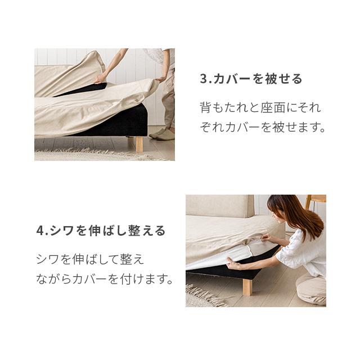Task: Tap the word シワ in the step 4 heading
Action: [x=62, y=231]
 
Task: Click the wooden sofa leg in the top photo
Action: [x=138, y=144]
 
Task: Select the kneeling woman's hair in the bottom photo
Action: [x=299, y=214]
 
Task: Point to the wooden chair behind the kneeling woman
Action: [x=316, y=201]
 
